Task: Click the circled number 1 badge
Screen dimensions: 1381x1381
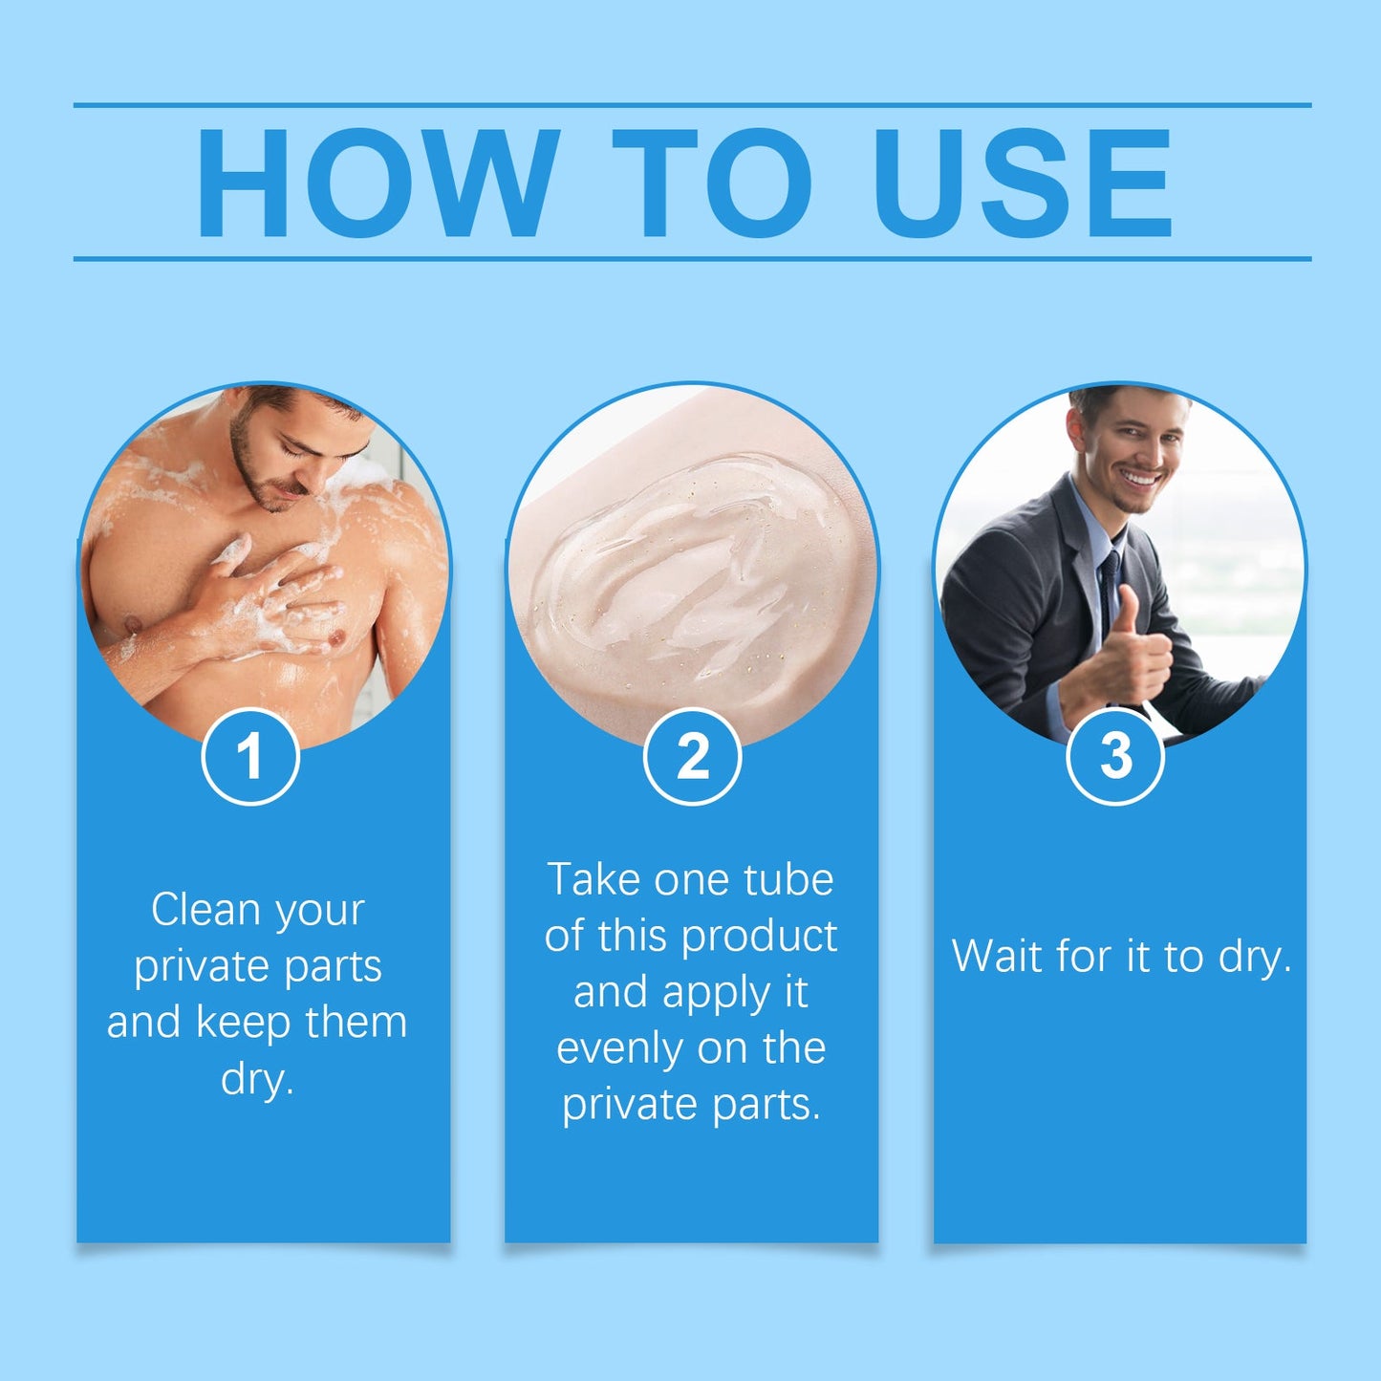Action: tap(250, 757)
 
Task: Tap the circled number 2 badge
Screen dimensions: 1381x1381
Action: tap(692, 757)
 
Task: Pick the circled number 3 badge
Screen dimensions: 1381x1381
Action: tap(1115, 757)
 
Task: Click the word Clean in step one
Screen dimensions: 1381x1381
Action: tap(205, 910)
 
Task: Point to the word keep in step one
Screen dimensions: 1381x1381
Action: tap(244, 1023)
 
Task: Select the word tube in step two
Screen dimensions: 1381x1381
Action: tap(788, 879)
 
